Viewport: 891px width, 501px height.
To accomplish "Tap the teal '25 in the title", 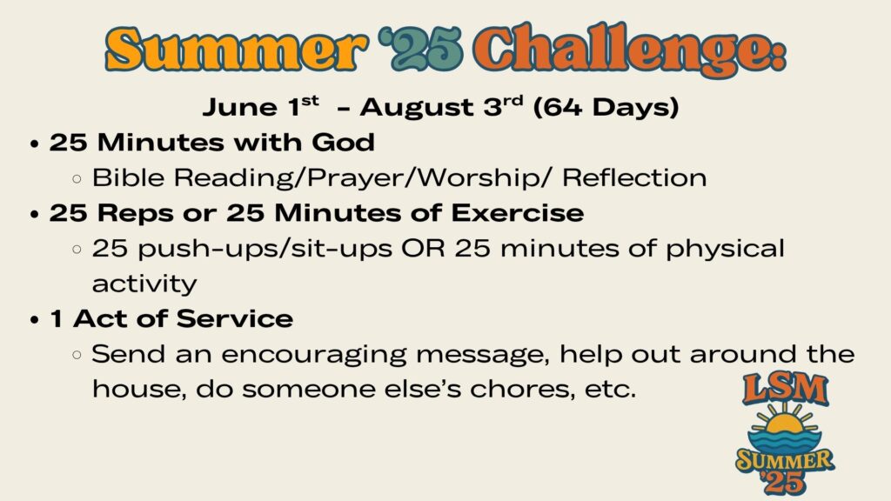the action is tap(426, 50).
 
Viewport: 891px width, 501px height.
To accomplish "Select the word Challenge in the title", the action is tap(624, 51).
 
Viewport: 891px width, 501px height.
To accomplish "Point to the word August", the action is tap(416, 107).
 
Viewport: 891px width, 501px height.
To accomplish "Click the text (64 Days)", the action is tap(606, 107).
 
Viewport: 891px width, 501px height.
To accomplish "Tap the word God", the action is tap(343, 142).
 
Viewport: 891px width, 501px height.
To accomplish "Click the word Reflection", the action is tap(634, 177).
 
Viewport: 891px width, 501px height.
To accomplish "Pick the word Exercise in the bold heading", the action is tap(518, 213).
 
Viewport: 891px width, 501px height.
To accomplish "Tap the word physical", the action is tap(725, 249).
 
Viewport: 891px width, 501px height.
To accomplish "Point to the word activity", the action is tap(144, 284).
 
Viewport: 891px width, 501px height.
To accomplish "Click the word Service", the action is tap(235, 318).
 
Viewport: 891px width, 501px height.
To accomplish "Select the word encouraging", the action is tap(313, 356).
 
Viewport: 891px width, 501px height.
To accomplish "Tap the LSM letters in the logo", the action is tap(785, 389).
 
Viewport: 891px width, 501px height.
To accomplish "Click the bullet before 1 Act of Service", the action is tap(35, 320).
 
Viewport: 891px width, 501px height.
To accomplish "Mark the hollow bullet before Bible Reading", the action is tap(77, 179).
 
